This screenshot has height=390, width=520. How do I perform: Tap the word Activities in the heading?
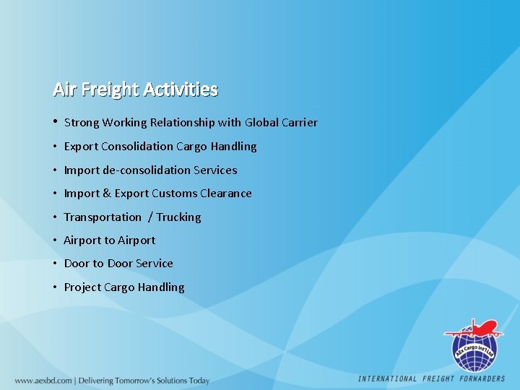[180, 90]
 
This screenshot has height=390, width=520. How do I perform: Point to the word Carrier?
[298, 123]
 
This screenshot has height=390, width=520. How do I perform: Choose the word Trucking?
[178, 217]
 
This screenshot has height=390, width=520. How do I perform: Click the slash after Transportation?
[150, 217]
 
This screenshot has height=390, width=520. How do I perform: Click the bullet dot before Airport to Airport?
[55, 240]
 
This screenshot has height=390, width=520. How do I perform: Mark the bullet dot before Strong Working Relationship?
[55, 121]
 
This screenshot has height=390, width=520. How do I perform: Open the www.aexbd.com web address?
[43, 381]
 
